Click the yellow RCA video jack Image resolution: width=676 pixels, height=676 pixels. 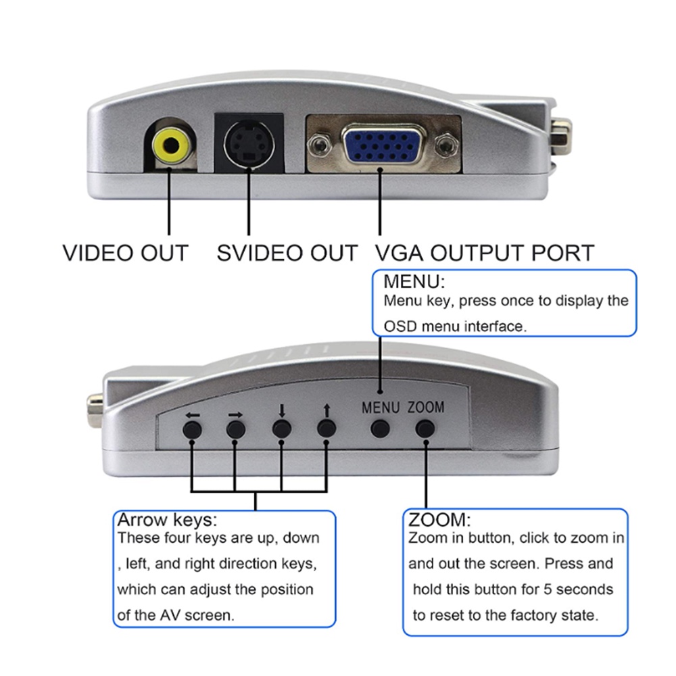[170, 144]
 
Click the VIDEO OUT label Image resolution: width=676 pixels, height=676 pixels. [125, 253]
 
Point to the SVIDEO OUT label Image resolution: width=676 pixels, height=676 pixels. [287, 253]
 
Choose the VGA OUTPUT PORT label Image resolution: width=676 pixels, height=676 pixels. [484, 253]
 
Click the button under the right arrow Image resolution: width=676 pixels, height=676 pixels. [236, 429]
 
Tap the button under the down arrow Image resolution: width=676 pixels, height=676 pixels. [282, 429]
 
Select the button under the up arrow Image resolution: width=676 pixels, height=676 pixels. [327, 428]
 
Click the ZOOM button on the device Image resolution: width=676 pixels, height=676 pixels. [425, 428]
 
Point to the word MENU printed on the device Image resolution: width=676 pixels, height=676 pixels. [381, 408]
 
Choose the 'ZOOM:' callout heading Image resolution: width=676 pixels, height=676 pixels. [439, 521]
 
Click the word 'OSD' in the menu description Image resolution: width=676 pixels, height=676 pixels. [400, 327]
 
